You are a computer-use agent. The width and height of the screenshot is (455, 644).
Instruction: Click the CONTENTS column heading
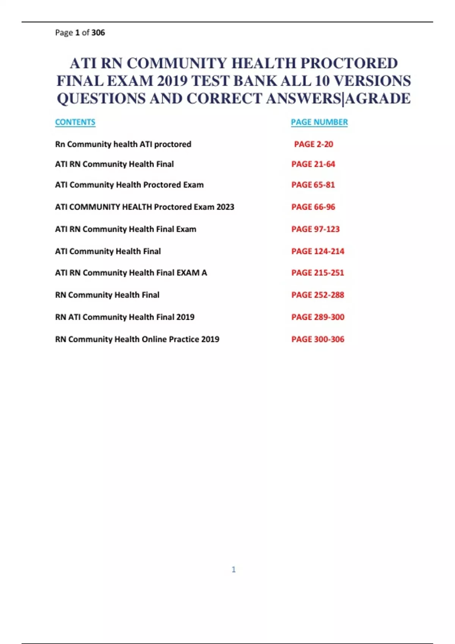click(75, 122)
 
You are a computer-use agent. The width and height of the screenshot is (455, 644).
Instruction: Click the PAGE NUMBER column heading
click(319, 122)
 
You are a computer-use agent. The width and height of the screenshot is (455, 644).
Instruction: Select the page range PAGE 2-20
click(314, 144)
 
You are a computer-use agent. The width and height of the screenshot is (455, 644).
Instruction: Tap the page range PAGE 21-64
click(313, 164)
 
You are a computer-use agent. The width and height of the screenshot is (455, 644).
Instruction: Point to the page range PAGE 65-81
click(313, 185)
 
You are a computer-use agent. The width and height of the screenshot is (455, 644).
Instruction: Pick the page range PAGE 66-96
click(313, 207)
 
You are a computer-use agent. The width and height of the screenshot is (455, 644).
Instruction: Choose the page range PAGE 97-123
click(315, 229)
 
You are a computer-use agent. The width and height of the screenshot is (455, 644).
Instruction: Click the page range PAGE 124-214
click(318, 251)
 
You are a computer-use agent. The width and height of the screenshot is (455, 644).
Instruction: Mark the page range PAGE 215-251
click(318, 273)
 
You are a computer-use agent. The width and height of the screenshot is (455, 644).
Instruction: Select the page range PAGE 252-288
click(318, 295)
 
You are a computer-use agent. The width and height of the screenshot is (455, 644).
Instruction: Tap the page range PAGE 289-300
click(318, 317)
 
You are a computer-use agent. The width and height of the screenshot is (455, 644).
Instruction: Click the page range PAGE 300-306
click(318, 339)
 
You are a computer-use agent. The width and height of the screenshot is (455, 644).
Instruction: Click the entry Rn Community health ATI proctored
click(123, 144)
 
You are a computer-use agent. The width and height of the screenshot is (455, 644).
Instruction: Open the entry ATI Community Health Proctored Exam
click(129, 185)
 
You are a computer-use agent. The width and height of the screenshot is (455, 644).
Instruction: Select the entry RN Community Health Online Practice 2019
click(137, 339)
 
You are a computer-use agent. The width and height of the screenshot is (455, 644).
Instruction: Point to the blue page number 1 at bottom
click(234, 569)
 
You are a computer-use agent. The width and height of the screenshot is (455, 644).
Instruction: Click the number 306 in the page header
click(98, 33)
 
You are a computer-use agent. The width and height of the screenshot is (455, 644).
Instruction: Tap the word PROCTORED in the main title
click(349, 63)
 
